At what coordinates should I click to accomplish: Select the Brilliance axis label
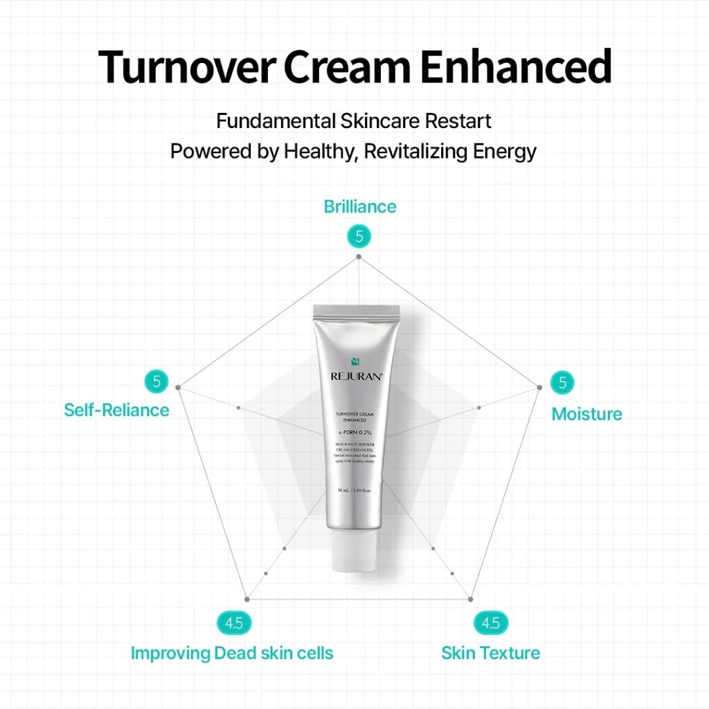click(360, 206)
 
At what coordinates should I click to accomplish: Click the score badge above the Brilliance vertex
click(359, 237)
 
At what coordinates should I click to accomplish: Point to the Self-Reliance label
click(116, 410)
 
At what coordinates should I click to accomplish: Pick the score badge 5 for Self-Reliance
click(156, 381)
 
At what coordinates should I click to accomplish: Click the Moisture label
click(586, 414)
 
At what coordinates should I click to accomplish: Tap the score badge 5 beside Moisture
click(562, 382)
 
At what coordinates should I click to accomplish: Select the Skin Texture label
click(491, 653)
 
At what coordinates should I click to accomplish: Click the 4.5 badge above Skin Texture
click(490, 623)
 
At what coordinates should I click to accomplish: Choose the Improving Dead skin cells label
click(232, 653)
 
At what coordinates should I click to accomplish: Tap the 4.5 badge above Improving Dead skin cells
click(234, 623)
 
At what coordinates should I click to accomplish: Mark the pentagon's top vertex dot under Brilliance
click(359, 257)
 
